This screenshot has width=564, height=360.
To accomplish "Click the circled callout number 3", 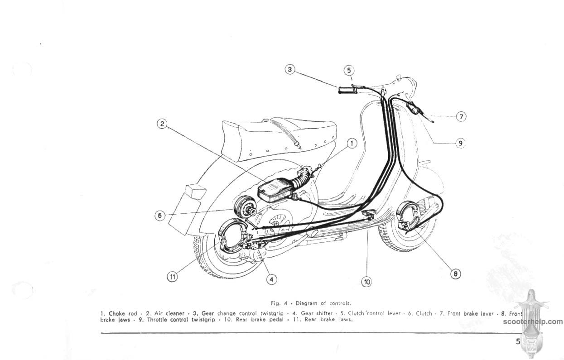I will (x=290, y=70).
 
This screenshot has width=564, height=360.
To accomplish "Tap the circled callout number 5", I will (x=348, y=70).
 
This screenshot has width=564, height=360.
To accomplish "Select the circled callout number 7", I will (x=460, y=116).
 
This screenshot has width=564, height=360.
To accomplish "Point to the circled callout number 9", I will (x=460, y=143).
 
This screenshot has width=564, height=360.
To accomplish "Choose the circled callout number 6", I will (x=159, y=216).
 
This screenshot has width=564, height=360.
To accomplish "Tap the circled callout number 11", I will (x=172, y=277).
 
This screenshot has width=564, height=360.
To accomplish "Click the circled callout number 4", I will (x=271, y=279).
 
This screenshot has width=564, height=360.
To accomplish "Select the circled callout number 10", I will (x=367, y=282).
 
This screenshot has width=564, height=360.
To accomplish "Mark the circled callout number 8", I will (x=455, y=274).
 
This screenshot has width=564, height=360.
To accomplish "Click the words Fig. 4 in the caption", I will (x=277, y=303).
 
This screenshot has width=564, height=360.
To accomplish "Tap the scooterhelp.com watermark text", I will (x=532, y=322).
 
